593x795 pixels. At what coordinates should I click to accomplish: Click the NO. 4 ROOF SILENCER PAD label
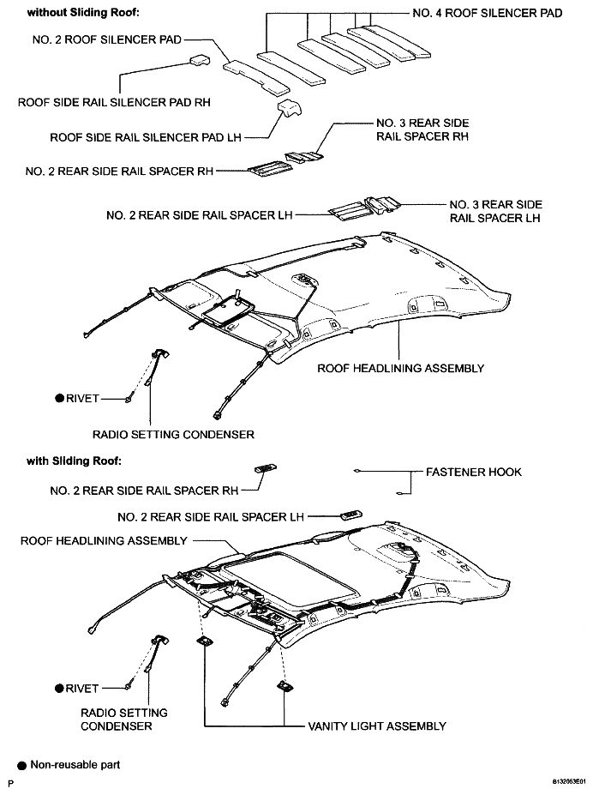tap(487, 13)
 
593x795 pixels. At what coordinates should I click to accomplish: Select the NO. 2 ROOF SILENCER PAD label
tap(107, 39)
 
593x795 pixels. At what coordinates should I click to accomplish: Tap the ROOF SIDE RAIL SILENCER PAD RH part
tap(200, 60)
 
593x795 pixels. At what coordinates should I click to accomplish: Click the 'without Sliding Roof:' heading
tap(83, 13)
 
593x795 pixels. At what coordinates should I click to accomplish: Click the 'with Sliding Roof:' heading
tap(74, 461)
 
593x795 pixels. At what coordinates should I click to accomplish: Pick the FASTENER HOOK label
tap(474, 472)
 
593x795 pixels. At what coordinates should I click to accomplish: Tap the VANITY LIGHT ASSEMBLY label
tap(377, 726)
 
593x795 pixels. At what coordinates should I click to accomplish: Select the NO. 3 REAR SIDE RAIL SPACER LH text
tap(495, 212)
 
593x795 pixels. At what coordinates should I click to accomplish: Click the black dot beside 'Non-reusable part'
tap(21, 766)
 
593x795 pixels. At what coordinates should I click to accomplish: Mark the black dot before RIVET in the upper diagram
tap(60, 399)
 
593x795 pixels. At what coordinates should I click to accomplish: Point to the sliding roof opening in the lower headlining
tap(291, 577)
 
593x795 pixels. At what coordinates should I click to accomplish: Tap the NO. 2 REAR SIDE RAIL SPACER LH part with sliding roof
tap(351, 515)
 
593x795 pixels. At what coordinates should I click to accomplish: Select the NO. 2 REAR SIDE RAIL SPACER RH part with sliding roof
tap(266, 468)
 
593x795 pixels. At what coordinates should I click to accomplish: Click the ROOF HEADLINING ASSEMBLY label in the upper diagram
tap(400, 368)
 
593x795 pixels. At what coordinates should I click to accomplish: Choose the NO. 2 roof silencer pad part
tap(257, 77)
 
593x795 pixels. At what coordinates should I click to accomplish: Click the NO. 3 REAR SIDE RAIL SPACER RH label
tap(422, 129)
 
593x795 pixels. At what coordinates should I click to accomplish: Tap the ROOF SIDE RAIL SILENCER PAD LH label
tap(146, 137)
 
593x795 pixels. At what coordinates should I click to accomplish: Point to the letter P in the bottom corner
tap(10, 784)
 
